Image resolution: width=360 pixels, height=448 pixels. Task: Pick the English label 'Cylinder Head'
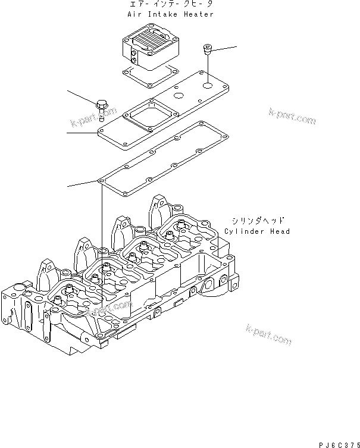tap(257, 231)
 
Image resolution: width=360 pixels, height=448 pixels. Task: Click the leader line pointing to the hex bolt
tap(82, 98)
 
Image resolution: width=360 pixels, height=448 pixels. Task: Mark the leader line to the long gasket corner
tap(83, 183)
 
